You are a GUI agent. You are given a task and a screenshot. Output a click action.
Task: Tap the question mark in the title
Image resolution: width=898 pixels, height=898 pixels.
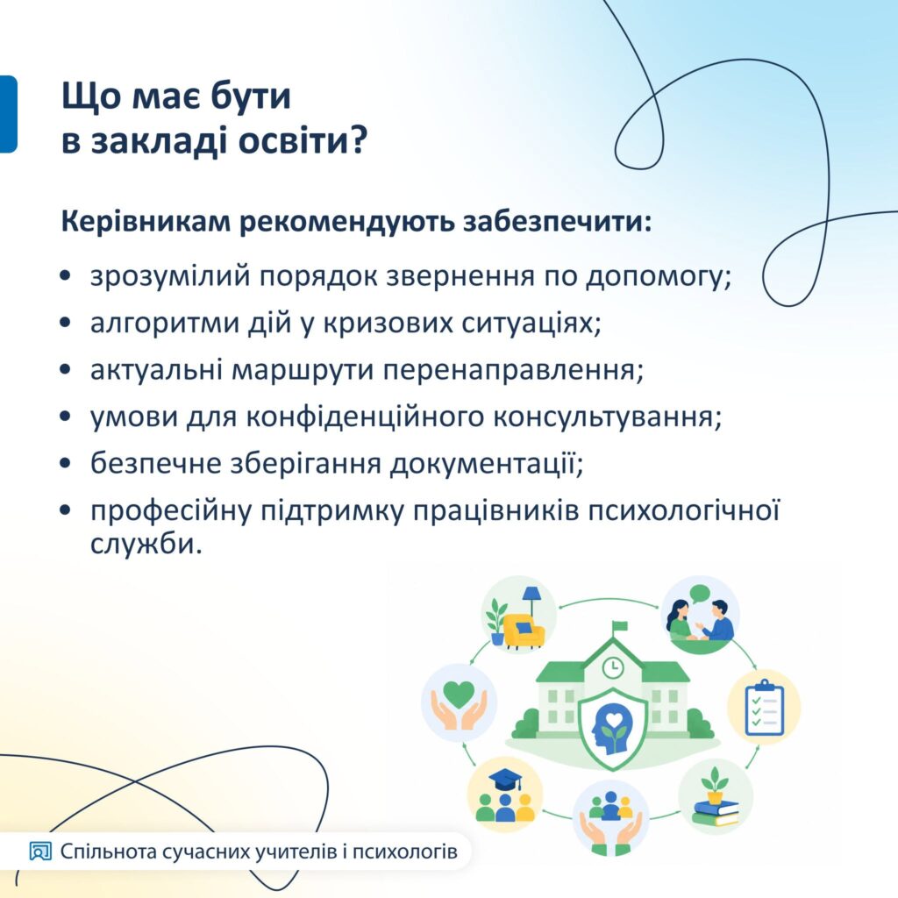(x=359, y=139)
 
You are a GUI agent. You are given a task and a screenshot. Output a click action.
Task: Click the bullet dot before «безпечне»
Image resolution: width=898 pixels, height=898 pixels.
(x=66, y=463)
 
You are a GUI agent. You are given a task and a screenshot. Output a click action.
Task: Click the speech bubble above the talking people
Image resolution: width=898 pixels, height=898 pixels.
(x=699, y=594)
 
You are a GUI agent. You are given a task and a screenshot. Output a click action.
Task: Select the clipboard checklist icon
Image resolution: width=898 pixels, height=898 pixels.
(x=764, y=707)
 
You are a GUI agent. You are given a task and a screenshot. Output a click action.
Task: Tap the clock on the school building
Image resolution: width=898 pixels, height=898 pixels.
(x=612, y=667)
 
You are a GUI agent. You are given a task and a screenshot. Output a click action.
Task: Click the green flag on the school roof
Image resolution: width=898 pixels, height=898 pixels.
(x=619, y=627)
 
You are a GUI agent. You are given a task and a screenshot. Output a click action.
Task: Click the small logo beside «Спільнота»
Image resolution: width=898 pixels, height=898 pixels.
(x=40, y=852)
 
